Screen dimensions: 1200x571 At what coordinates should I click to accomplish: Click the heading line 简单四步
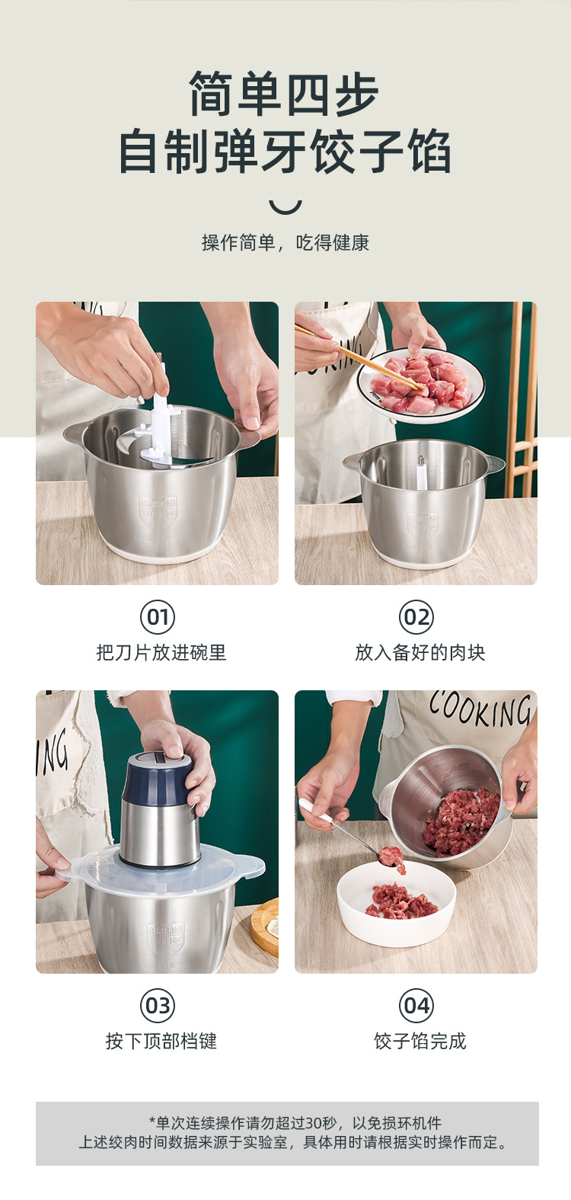click(285, 94)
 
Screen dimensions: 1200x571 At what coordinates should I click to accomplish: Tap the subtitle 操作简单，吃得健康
click(285, 243)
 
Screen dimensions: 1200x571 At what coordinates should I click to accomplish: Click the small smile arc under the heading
click(285, 206)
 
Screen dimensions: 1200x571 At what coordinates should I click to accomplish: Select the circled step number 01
click(158, 617)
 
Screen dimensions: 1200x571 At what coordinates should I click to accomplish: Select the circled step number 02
click(416, 617)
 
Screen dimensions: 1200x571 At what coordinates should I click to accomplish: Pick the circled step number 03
click(158, 1006)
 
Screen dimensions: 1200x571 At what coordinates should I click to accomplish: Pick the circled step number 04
click(416, 1006)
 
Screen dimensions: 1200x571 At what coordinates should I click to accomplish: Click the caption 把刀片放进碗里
click(161, 653)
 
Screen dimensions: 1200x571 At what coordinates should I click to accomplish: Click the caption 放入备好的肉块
click(420, 653)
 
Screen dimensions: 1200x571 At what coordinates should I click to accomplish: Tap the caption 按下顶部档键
click(161, 1042)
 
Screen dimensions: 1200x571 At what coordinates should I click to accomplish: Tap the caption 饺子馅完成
click(420, 1042)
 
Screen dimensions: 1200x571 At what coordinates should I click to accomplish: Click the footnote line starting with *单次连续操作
click(295, 1123)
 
